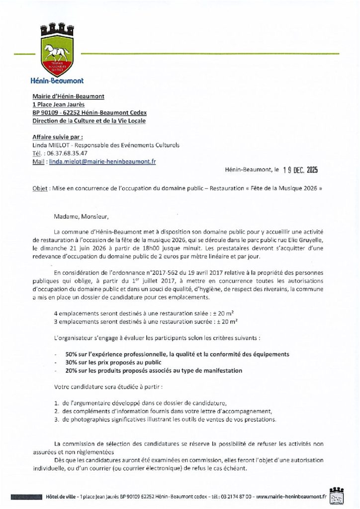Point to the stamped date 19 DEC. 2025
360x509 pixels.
pos(295,170)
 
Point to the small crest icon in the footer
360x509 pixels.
pos(337,495)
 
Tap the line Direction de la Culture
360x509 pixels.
pos(89,121)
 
